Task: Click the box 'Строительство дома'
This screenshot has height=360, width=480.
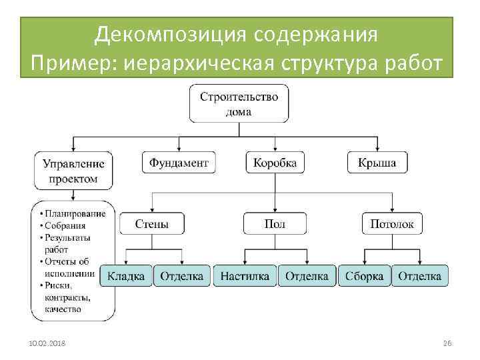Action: [x=239, y=103]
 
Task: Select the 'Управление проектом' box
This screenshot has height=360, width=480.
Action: [x=73, y=171]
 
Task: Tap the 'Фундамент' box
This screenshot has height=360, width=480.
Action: [x=179, y=163]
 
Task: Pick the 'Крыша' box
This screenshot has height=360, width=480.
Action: [x=377, y=163]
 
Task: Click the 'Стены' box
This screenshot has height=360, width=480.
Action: [x=152, y=224]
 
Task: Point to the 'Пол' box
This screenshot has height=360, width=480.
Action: [x=275, y=224]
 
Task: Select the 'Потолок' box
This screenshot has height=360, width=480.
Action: [x=392, y=224]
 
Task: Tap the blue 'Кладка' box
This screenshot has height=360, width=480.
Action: [x=126, y=276]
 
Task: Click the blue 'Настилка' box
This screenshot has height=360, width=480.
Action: [x=245, y=276]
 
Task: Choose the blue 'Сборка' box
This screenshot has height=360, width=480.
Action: [x=364, y=276]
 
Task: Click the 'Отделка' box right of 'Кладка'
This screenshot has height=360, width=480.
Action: [x=182, y=276]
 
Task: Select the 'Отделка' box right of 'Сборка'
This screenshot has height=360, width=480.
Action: [x=420, y=276]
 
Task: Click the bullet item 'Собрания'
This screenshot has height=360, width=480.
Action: [x=66, y=225]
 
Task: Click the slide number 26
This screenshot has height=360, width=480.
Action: [x=447, y=343]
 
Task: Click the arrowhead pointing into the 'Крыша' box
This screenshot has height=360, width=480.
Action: [x=377, y=149]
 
